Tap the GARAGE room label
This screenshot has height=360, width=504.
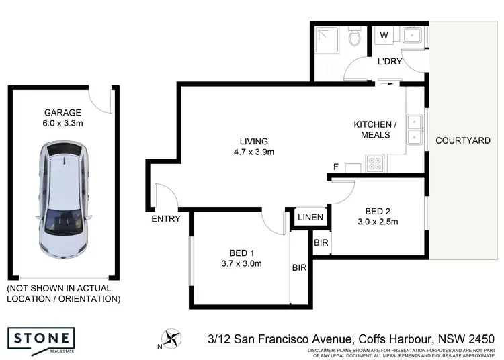(62, 113)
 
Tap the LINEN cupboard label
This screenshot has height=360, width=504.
(311, 218)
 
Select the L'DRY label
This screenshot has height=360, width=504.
(389, 62)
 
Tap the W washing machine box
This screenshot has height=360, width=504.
(385, 35)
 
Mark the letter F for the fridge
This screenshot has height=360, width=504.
(335, 167)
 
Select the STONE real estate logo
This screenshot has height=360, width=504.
(41, 337)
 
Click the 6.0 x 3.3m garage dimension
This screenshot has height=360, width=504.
(62, 124)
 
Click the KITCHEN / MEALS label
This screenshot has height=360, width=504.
(376, 130)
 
